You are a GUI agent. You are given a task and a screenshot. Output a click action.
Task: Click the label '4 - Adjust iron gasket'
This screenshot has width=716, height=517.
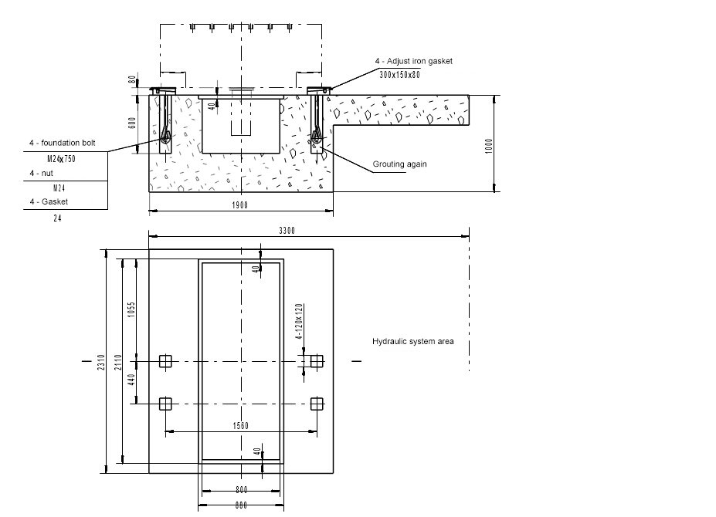(413, 61)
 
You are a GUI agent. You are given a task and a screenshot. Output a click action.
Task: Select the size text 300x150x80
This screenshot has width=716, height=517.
(399, 75)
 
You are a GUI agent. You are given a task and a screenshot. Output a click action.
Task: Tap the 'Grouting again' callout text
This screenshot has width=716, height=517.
(399, 164)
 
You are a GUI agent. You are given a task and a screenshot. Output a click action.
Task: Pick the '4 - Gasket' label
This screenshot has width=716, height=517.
(48, 201)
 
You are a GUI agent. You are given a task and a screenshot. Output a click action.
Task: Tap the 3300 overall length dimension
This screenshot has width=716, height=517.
(287, 231)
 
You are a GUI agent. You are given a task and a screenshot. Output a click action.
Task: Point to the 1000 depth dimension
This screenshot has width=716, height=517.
(488, 145)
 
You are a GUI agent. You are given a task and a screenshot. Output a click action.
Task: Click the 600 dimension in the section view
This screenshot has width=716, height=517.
(132, 123)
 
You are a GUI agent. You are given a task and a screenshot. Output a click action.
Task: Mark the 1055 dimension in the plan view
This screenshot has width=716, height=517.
(132, 310)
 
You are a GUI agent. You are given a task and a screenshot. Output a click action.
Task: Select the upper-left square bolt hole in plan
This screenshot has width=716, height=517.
(165, 360)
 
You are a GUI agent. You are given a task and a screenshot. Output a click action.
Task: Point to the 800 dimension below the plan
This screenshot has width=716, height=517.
(241, 489)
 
